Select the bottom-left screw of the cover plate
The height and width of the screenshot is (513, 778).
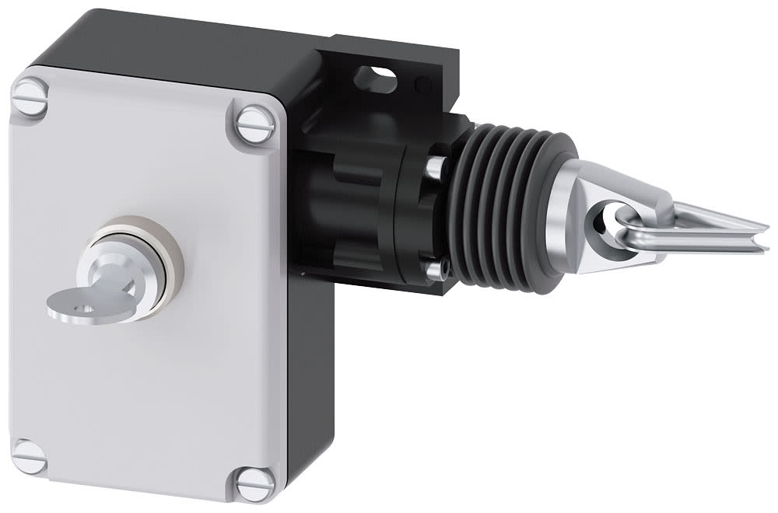coord(30,456)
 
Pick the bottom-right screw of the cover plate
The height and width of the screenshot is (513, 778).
coord(255,483)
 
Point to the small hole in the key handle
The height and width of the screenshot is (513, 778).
coord(85,309)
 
